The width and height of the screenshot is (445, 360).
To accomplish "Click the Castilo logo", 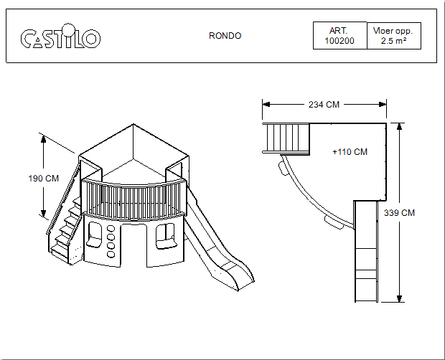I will tap(60, 37).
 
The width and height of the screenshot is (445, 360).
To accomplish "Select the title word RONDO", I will tap(225, 36).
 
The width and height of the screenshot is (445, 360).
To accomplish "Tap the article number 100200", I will tap(339, 42).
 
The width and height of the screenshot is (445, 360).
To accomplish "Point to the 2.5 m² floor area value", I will tap(393, 42).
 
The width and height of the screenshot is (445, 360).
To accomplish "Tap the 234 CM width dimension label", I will tap(324, 105).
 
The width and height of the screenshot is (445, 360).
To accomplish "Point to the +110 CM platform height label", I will tap(350, 152).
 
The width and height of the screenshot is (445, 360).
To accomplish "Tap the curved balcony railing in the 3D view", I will tap(134, 200).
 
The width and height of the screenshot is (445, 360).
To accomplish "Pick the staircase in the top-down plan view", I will tap(286, 138).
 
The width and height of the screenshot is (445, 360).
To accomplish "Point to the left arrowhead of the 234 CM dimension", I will tap(265, 105).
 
